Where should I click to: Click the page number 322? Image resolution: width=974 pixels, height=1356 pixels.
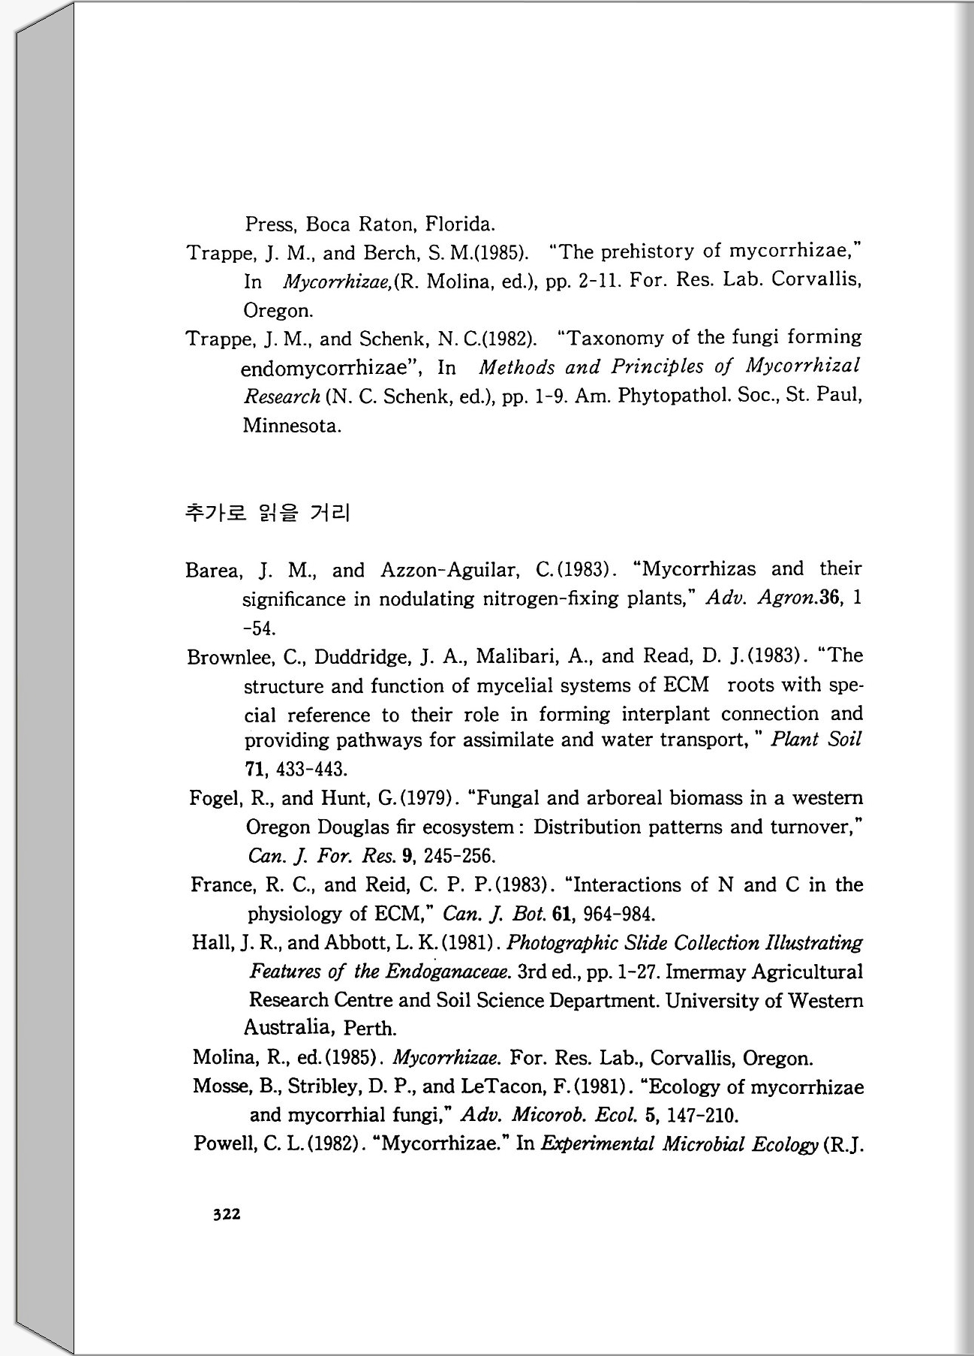(x=227, y=1213)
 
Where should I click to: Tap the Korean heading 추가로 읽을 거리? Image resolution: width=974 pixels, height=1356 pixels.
(x=267, y=514)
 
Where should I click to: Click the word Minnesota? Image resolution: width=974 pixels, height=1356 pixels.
(x=292, y=426)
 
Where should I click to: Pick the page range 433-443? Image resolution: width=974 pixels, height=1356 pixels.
(x=312, y=770)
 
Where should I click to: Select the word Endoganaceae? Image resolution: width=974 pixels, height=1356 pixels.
(x=448, y=972)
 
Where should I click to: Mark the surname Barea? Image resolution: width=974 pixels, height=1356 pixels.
(x=213, y=571)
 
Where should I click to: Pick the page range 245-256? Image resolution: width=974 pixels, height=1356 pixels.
(x=459, y=856)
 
